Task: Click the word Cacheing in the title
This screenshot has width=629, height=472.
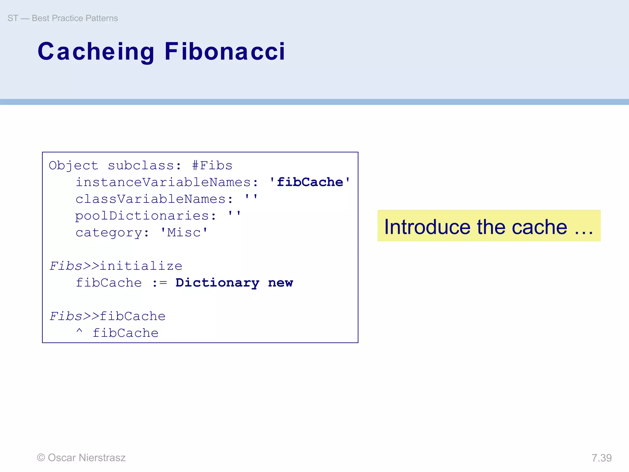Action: [96, 51]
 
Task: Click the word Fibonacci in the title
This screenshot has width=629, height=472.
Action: [225, 51]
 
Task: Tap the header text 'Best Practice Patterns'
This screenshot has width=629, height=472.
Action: [75, 18]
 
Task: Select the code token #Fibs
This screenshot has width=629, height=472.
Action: [212, 166]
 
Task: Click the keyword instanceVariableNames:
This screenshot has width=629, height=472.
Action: [167, 182]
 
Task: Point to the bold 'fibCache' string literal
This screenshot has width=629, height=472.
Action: [310, 182]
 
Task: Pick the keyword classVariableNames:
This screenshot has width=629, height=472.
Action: [154, 199]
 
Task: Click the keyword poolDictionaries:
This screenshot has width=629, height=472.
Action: [146, 216]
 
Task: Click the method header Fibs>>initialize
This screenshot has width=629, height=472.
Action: [116, 266]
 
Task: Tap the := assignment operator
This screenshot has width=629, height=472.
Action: [159, 283]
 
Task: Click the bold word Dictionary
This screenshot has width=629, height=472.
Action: [217, 283]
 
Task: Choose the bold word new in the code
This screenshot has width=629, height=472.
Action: [280, 283]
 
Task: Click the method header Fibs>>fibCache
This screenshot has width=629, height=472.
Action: [107, 316]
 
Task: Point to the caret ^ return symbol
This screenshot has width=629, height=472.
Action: [79, 332]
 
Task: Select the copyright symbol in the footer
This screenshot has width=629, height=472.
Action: [41, 458]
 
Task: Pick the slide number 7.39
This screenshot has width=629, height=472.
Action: [601, 458]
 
